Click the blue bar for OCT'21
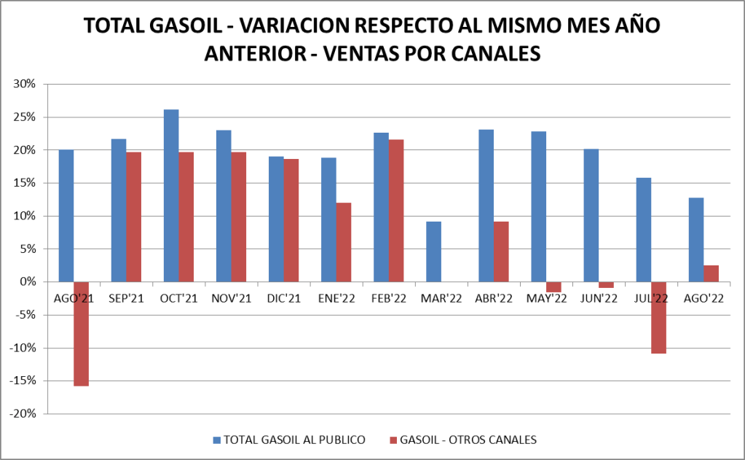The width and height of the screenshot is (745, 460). tap(171, 195)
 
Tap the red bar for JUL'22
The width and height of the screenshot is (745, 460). tap(658, 317)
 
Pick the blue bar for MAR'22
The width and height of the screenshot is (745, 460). tap(433, 252)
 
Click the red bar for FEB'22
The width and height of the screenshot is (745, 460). tap(396, 211)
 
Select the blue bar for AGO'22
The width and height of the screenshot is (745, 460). tap(695, 240)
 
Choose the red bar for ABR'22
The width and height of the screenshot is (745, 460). tap(501, 252)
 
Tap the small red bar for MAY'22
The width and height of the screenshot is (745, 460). tap(553, 287)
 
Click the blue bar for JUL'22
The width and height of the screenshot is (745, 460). tap(643, 230)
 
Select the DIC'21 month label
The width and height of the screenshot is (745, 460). tap(283, 298)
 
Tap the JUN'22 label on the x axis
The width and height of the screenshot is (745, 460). tap(598, 298)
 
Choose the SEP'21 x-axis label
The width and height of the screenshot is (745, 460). tap(126, 298)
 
